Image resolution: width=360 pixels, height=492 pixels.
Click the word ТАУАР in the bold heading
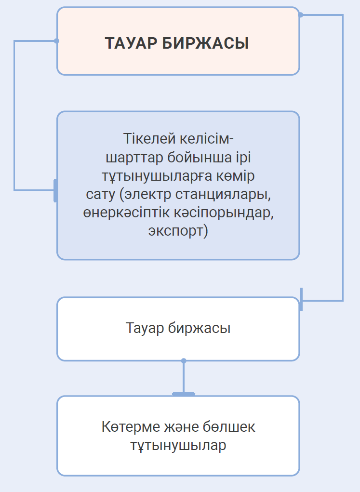pyautogui.click(x=131, y=43)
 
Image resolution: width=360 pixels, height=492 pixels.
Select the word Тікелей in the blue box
pyautogui.click(x=145, y=140)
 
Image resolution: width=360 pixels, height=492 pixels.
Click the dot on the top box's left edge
pyautogui.click(x=57, y=41)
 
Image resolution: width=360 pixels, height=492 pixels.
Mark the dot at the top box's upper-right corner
pyautogui.click(x=300, y=15)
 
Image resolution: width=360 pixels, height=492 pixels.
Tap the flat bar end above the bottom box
pyautogui.click(x=184, y=394)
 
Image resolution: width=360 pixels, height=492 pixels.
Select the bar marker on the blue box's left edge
pyautogui.click(x=55, y=190)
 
